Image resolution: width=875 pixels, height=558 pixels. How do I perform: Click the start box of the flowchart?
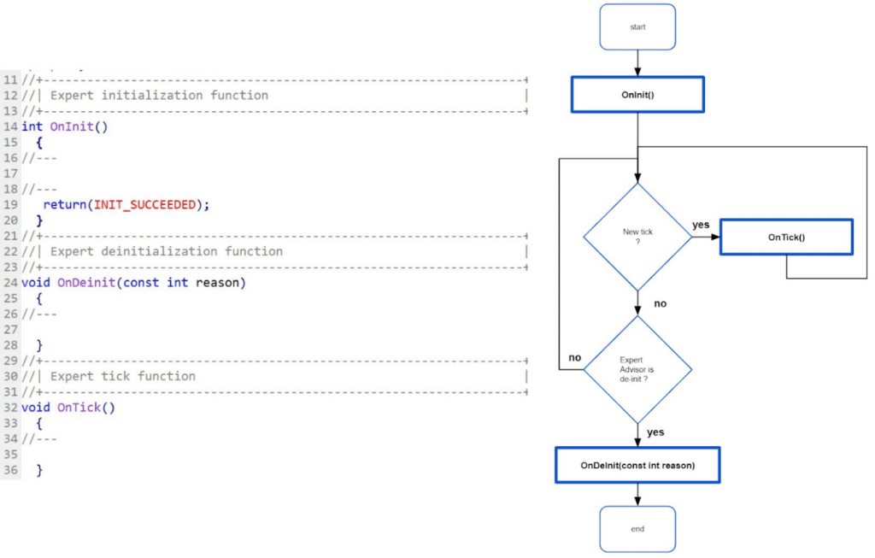(637, 26)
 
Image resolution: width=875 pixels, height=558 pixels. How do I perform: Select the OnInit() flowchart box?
(637, 95)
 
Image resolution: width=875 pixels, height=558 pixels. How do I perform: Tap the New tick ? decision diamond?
(637, 237)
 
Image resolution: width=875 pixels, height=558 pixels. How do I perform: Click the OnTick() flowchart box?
(786, 237)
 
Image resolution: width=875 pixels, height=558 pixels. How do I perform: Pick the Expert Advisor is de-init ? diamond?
(637, 369)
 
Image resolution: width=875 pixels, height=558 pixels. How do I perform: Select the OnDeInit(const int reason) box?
(637, 466)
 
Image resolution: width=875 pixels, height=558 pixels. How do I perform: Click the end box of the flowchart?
(637, 529)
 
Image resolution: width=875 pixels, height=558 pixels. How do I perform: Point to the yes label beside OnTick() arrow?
(701, 225)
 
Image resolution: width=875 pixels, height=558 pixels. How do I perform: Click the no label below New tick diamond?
(661, 303)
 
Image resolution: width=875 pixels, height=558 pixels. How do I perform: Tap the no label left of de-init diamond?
(575, 357)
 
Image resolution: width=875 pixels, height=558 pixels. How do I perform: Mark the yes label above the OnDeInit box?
(655, 432)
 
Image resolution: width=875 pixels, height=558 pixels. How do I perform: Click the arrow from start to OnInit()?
(637, 62)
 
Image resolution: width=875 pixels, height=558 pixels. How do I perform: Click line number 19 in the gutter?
(11, 204)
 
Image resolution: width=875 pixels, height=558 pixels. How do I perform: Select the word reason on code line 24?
(220, 282)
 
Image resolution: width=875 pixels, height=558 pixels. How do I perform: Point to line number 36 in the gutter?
(11, 470)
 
